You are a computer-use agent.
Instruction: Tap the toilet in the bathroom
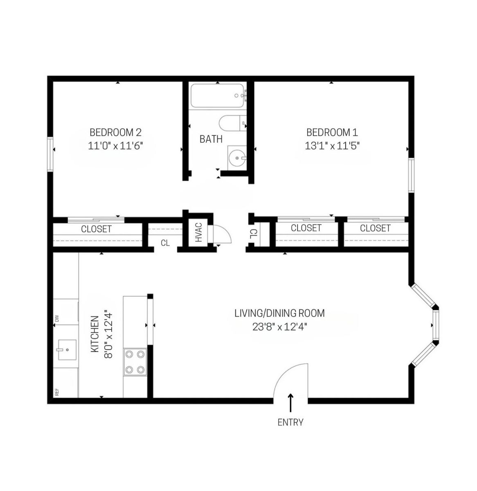click(232, 123)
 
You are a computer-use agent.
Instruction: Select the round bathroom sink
click(237, 158)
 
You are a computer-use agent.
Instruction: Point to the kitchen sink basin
click(67, 349)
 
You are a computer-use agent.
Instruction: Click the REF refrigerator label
click(57, 392)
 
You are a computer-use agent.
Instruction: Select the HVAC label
click(199, 232)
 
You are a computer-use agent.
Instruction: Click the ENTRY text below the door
click(290, 422)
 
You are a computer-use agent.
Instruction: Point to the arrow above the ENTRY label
click(290, 403)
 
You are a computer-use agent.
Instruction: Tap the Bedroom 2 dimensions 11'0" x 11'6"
click(115, 146)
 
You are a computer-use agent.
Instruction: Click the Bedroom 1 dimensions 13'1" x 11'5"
click(332, 146)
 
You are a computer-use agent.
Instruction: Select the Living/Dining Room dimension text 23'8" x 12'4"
click(280, 327)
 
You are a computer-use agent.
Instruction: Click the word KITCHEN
click(95, 334)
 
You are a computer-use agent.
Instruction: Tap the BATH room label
click(211, 139)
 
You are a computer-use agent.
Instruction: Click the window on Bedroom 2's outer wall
click(50, 154)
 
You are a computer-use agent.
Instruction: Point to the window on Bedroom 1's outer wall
click(411, 175)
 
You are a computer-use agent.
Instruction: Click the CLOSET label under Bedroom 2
click(96, 229)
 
